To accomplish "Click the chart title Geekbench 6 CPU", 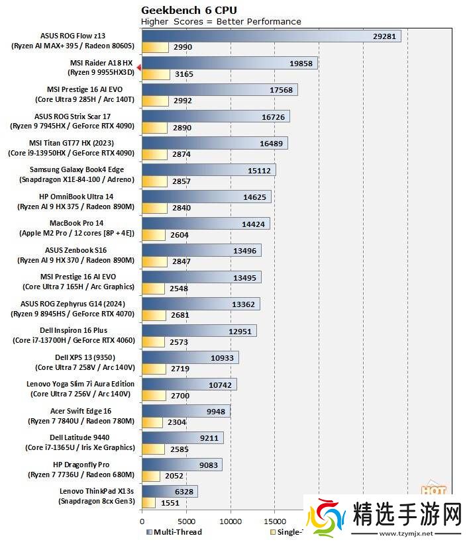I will (189, 10).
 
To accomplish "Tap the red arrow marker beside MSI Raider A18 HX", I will (138, 68).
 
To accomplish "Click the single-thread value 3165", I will (184, 74).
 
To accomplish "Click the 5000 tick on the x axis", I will (186, 519).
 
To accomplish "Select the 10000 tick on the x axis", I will (231, 519).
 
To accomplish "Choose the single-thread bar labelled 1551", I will (149, 502).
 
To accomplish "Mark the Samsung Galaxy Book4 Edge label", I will (76, 169).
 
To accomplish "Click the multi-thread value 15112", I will (258, 170).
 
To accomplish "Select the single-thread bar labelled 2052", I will (151, 476).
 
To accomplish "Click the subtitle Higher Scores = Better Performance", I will (221, 21).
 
